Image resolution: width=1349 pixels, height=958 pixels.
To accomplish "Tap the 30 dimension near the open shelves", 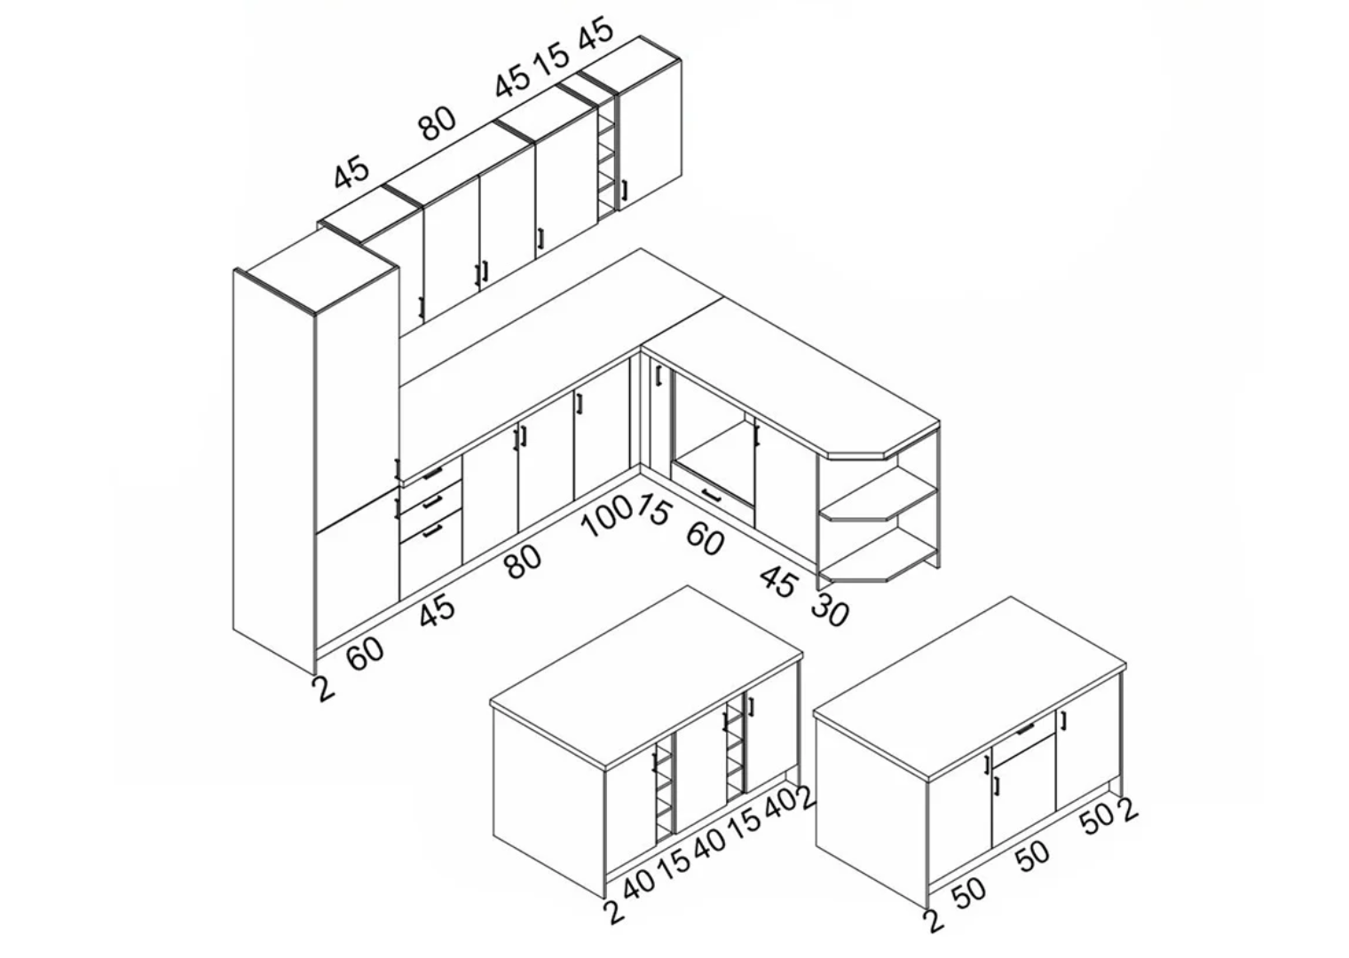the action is pyautogui.click(x=830, y=609).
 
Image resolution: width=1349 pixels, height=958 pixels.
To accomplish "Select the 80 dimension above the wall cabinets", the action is pyautogui.click(x=438, y=124).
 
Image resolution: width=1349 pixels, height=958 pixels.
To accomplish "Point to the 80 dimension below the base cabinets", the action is pyautogui.click(x=524, y=562).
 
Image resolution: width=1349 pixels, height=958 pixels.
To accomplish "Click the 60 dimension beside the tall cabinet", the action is pyautogui.click(x=366, y=654).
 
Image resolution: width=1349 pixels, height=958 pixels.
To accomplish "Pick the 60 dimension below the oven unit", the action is pyautogui.click(x=705, y=538).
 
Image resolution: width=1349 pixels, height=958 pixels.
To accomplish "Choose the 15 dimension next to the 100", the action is pyautogui.click(x=653, y=509).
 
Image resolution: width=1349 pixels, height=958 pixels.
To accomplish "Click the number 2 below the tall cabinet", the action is pyautogui.click(x=323, y=688).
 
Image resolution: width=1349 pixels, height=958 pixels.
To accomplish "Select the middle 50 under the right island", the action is pyautogui.click(x=1033, y=856).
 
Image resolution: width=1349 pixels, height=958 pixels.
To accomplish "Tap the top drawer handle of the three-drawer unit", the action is pyautogui.click(x=432, y=474).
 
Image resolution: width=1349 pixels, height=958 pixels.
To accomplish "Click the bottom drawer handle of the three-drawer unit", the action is pyautogui.click(x=432, y=530).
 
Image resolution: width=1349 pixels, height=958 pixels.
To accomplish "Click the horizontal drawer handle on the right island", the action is pyautogui.click(x=1026, y=729).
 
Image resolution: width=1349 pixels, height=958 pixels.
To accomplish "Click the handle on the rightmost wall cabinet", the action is pyautogui.click(x=625, y=190).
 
